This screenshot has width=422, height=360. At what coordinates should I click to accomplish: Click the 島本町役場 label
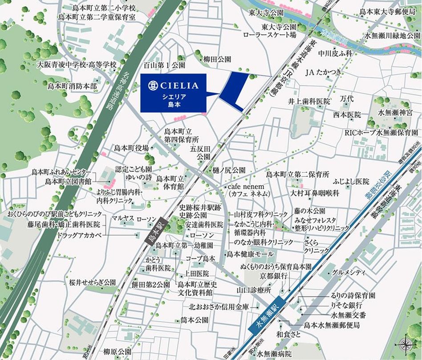(x=131, y=148)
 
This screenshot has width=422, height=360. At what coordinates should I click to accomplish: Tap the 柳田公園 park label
(x=217, y=58)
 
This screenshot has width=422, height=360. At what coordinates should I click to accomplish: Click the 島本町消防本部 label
(x=73, y=85)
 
